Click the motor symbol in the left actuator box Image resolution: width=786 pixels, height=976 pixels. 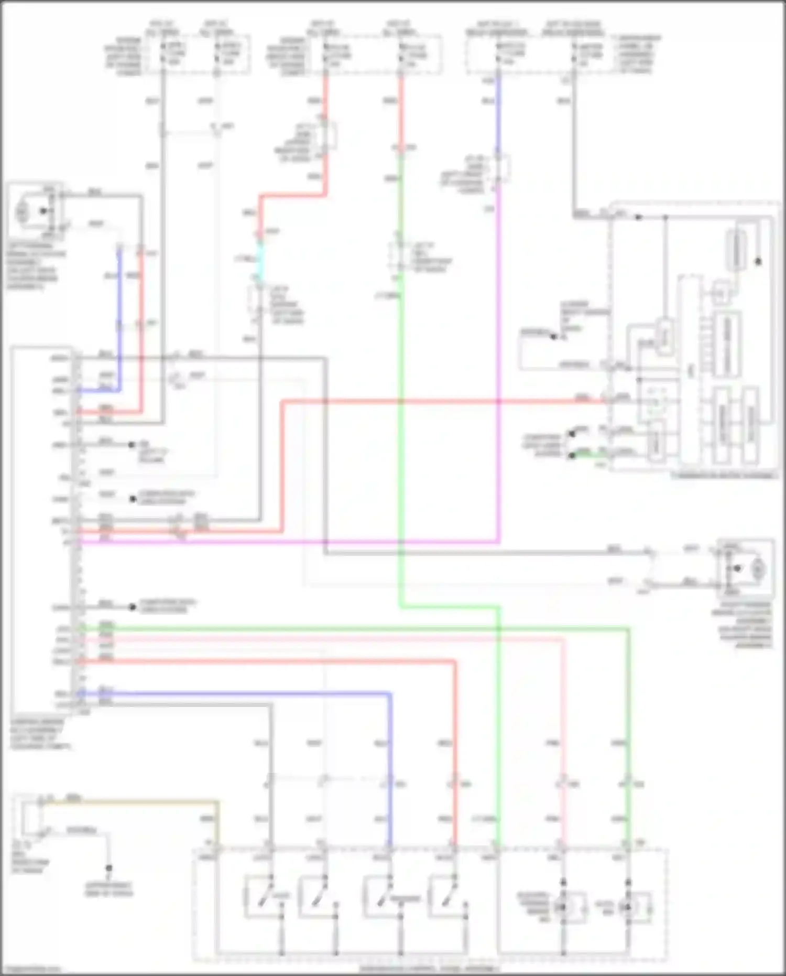[x=22, y=211]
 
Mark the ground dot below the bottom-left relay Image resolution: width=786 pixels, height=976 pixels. [x=109, y=868]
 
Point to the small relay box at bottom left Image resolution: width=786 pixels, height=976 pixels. [x=30, y=816]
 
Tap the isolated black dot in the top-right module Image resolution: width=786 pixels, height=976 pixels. [x=758, y=261]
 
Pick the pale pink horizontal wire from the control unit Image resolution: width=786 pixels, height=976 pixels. [x=314, y=640]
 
